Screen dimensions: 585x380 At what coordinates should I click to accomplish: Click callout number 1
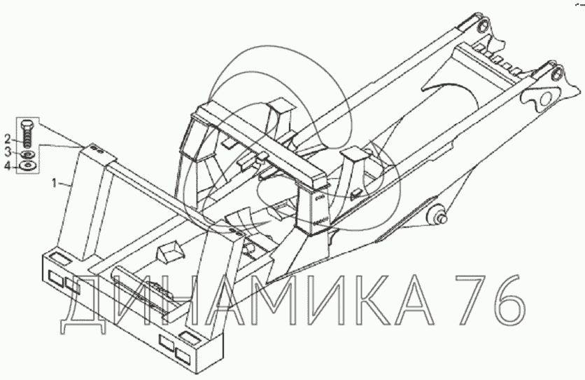55,183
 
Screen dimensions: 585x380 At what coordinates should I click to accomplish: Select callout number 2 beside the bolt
8,140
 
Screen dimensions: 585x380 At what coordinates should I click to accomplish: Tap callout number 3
8,152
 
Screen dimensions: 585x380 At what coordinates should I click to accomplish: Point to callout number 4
8,165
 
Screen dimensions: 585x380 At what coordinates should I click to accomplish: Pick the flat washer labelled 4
27,166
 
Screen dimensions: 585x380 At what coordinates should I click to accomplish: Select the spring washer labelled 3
27,154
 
